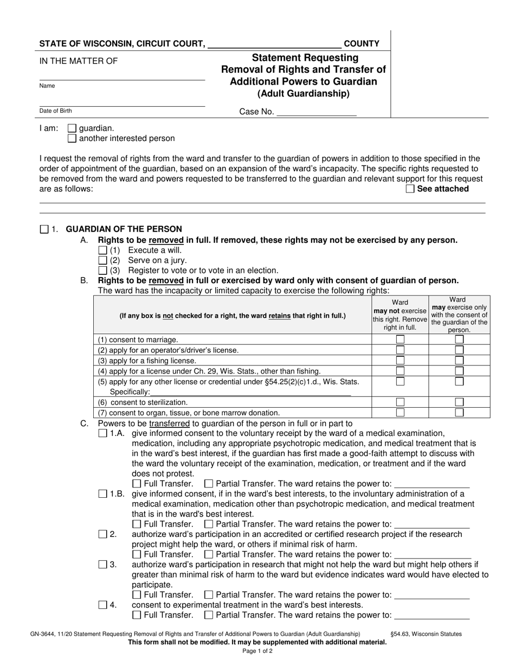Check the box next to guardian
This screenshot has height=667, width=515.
tap(72, 129)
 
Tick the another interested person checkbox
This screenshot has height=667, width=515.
tap(72, 138)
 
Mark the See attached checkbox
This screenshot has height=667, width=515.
tap(410, 189)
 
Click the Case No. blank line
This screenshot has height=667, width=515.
tap(316, 112)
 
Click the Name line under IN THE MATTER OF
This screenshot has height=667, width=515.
tap(122, 76)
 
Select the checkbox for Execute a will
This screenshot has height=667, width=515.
tap(103, 251)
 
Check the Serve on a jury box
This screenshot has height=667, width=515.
tap(103, 260)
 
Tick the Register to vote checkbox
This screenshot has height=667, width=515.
tap(103, 270)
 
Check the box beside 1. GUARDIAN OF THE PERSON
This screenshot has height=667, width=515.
tap(44, 229)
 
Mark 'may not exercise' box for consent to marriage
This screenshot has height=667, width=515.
tap(400, 339)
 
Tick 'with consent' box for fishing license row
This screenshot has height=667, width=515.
tap(459, 360)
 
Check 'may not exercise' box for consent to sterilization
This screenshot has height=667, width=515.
tap(400, 402)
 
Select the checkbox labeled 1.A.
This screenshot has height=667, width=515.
tap(103, 433)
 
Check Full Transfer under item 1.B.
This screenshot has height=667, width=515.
tap(137, 524)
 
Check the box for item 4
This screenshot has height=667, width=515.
tap(103, 605)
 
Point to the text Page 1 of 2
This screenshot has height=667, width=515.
tap(257, 651)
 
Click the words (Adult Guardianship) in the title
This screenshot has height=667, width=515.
tap(304, 94)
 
